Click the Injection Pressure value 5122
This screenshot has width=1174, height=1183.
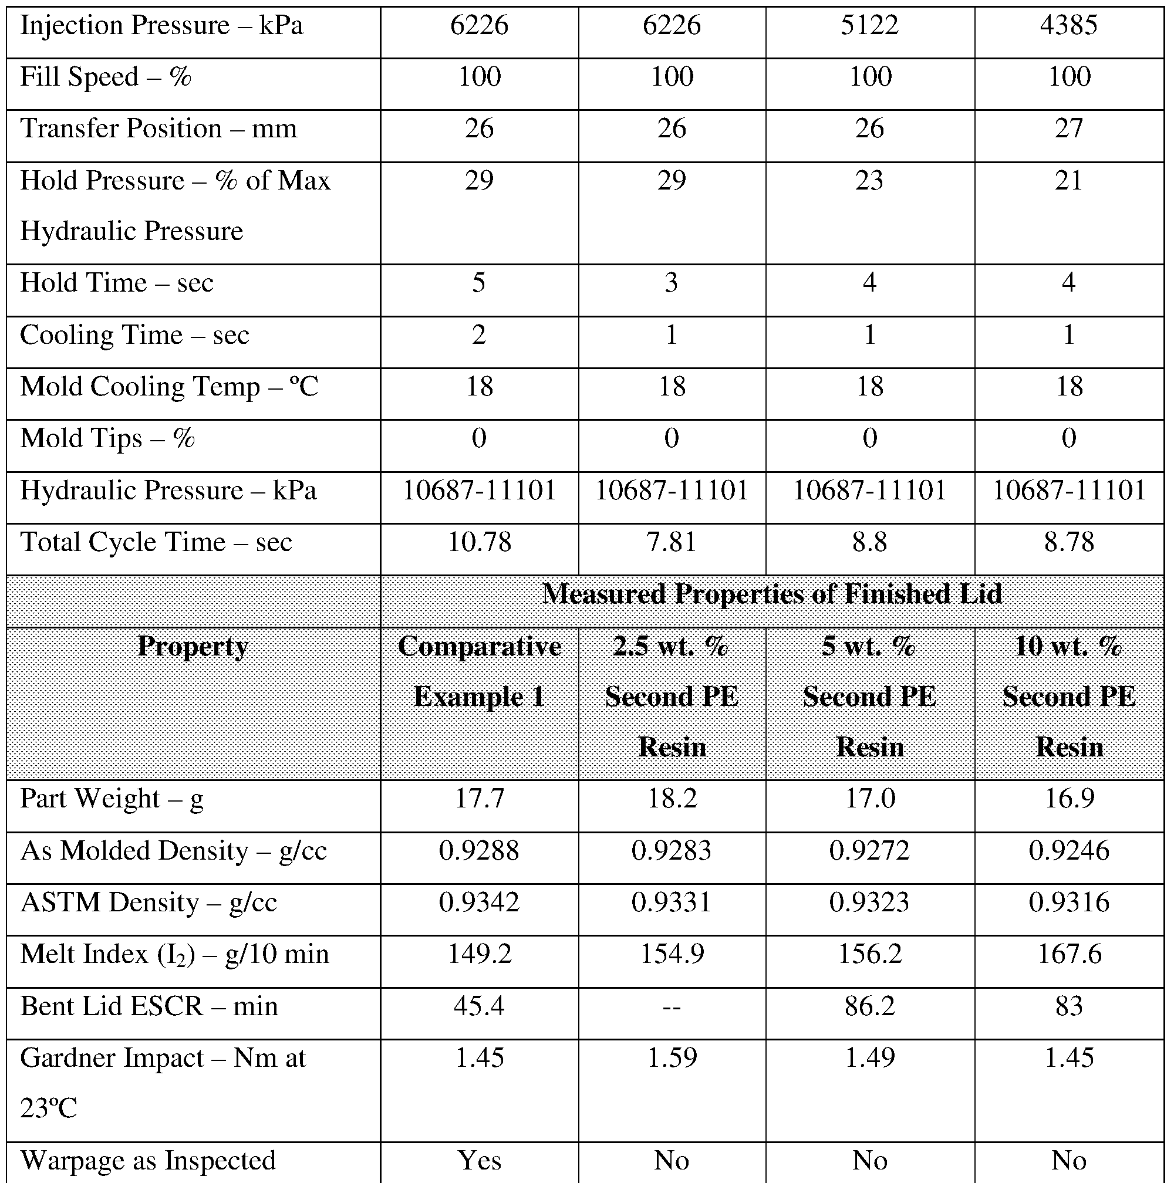(869, 26)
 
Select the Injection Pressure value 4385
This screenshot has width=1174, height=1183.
(1069, 26)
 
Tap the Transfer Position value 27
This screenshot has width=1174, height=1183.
(1069, 129)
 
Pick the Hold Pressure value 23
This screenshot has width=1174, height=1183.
(869, 181)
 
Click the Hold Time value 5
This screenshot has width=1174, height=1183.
(479, 283)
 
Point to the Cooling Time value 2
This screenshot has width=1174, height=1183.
(479, 335)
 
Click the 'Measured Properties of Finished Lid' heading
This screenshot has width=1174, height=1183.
(772, 594)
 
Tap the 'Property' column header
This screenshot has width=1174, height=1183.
(193, 646)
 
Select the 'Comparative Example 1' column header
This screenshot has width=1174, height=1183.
(479, 671)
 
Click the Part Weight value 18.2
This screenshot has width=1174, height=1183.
(672, 799)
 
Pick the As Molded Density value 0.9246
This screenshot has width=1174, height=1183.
(1069, 850)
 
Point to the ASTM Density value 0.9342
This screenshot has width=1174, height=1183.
(479, 903)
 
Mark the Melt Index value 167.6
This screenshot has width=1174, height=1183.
(1069, 954)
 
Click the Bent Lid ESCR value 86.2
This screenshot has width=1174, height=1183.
(869, 1006)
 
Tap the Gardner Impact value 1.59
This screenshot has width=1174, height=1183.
(672, 1058)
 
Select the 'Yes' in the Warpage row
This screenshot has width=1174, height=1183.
(479, 1160)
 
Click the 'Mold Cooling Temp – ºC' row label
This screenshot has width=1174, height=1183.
(169, 387)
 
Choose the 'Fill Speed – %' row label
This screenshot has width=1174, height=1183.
(105, 77)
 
